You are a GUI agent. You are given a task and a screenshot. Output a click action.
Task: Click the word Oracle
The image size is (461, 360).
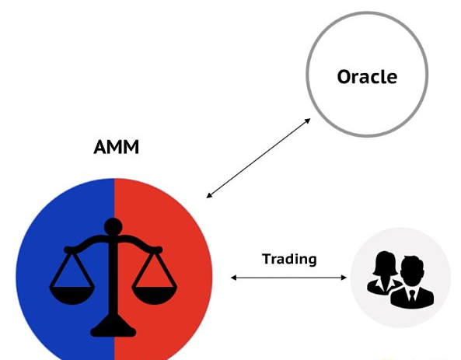(367, 76)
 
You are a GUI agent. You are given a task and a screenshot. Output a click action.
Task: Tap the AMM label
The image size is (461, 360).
(116, 147)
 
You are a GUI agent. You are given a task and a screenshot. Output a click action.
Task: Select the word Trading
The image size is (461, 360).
(289, 259)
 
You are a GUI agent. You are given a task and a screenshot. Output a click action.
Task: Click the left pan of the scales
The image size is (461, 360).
(72, 295)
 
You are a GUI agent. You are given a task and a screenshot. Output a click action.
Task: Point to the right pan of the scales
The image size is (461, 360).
(154, 295)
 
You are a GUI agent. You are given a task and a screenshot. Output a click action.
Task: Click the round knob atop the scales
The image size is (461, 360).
(114, 227)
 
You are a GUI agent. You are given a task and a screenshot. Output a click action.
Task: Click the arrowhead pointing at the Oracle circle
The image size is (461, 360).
(308, 121)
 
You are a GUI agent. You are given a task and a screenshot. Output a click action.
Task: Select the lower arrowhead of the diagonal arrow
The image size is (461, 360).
(209, 195)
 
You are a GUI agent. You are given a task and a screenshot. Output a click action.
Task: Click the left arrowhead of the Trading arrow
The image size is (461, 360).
(234, 278)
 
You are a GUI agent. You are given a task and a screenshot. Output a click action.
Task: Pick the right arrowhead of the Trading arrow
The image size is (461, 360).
(344, 278)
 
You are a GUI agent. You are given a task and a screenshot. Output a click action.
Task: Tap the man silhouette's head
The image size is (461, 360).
(413, 268)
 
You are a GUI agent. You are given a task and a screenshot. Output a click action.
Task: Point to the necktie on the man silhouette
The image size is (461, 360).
(412, 295)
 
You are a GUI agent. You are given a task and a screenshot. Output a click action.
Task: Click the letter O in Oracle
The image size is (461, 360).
(344, 77)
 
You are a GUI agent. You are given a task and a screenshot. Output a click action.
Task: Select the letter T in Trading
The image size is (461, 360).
(267, 259)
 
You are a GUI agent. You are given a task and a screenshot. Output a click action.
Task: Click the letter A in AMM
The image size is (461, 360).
(100, 147)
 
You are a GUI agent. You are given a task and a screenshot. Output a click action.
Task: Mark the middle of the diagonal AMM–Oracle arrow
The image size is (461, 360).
(258, 158)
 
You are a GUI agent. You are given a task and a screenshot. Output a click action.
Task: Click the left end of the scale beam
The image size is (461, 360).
(68, 250)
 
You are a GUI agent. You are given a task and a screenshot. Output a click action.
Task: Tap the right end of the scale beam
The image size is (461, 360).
(158, 250)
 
